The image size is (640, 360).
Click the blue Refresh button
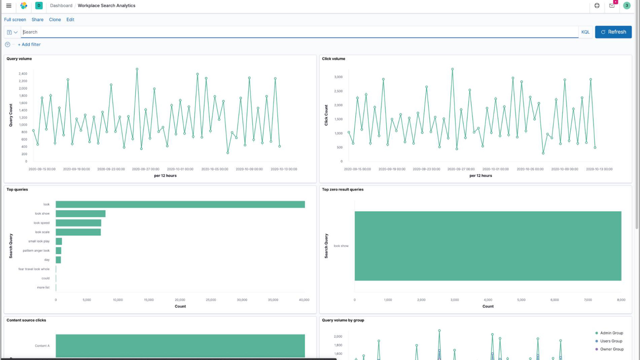click(613, 32)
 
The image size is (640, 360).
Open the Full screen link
click(15, 20)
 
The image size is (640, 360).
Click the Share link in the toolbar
click(37, 20)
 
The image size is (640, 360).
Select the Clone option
click(55, 20)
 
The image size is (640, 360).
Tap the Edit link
click(70, 20)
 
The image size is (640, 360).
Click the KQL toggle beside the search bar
click(585, 32)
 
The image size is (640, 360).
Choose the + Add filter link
click(29, 44)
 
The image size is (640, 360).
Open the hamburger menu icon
click(9, 6)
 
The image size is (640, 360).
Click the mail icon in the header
click(612, 6)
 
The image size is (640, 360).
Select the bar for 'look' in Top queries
click(180, 204)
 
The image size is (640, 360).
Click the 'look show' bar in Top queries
click(80, 214)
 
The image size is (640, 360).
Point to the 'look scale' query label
click(42, 232)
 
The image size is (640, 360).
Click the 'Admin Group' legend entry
click(611, 333)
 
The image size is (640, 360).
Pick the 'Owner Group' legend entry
click(612, 349)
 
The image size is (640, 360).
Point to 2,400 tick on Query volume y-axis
click(23, 74)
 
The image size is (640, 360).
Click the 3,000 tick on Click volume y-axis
click(338, 77)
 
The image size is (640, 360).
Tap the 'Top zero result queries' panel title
click(342, 189)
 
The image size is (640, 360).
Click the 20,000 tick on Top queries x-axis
click(180, 300)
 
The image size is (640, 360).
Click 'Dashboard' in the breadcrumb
click(61, 6)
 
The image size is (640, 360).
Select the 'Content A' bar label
click(42, 346)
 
